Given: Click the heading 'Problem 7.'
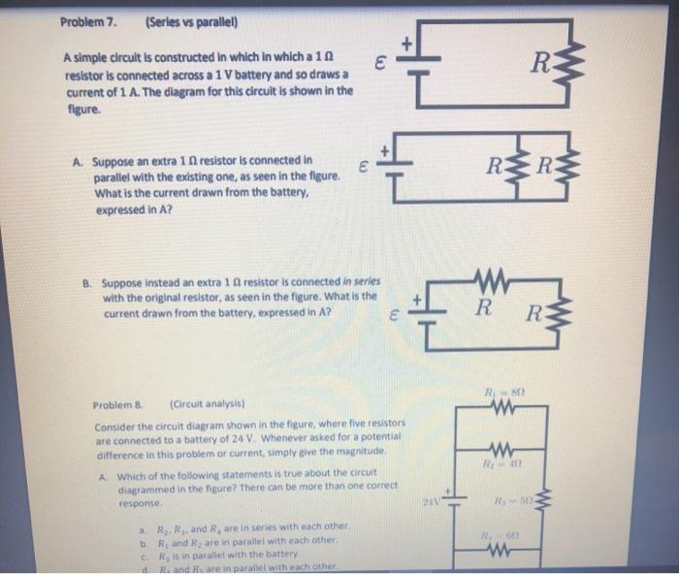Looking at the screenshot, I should click(x=88, y=20).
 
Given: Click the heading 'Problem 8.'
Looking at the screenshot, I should click(x=117, y=405).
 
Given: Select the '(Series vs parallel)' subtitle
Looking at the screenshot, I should click(x=183, y=20).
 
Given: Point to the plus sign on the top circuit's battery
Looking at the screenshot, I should click(x=407, y=44).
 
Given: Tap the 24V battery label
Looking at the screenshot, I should click(x=431, y=501).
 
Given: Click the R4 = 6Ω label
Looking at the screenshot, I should click(x=506, y=537).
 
